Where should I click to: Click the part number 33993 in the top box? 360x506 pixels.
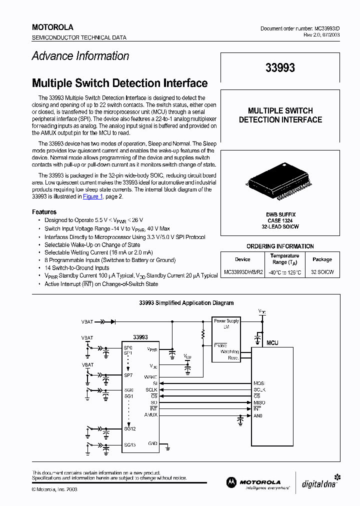tap(280, 68)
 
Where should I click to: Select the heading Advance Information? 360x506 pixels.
tap(80, 56)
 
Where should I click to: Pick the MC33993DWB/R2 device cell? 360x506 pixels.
tap(242, 272)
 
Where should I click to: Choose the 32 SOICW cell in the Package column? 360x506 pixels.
tap(322, 272)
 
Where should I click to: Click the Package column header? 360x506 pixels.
tap(322, 259)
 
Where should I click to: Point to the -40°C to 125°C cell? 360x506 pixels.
tap(284, 272)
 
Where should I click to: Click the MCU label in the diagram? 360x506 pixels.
tap(272, 343)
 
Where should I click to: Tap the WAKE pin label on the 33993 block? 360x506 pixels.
tap(150, 376)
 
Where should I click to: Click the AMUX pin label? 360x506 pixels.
tap(150, 414)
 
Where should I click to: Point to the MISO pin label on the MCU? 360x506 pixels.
tap(259, 402)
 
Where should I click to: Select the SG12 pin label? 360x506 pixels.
tap(129, 428)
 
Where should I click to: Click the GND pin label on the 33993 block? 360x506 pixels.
tap(152, 443)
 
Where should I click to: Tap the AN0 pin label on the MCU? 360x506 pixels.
tap(258, 415)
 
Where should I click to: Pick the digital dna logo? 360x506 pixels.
tap(320, 482)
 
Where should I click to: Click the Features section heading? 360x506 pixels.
tap(44, 212)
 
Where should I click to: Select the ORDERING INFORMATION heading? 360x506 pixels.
tap(280, 246)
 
